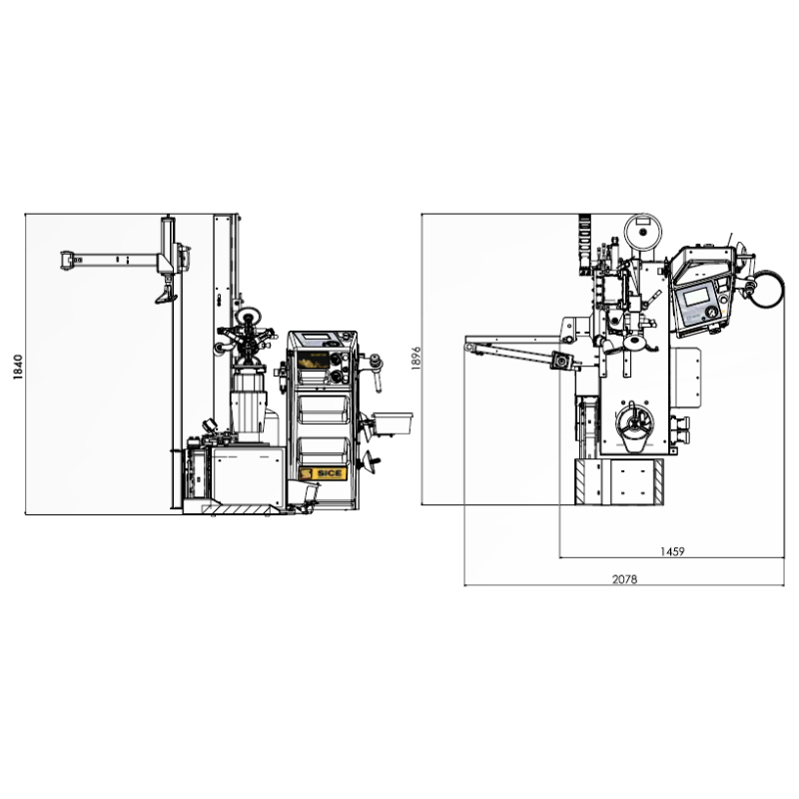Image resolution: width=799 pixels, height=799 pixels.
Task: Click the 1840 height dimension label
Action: click(18, 367)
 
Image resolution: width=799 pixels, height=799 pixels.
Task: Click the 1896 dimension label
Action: click(416, 358)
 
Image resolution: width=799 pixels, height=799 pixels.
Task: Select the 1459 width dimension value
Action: click(672, 551)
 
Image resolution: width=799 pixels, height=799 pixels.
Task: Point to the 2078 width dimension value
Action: click(624, 579)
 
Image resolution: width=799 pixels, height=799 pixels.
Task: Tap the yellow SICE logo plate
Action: click(323, 473)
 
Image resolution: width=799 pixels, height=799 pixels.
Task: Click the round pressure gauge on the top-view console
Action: click(711, 312)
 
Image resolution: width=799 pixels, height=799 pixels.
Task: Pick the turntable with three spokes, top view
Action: click(634, 421)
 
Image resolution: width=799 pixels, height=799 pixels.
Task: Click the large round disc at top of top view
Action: click(642, 232)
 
